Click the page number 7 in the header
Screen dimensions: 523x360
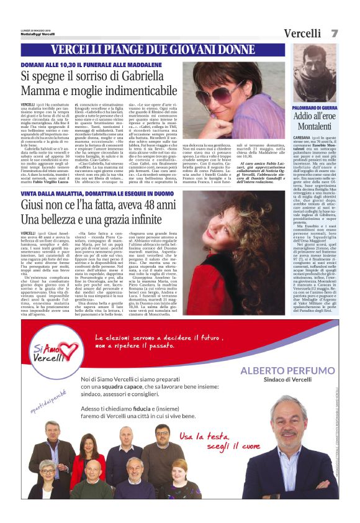(x=335, y=34)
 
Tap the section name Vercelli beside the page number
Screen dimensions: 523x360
(x=304, y=34)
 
